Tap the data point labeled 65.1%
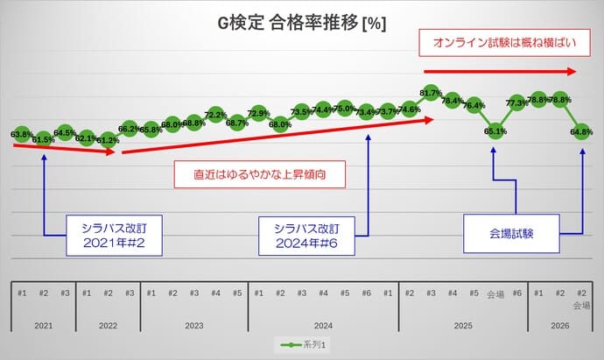click(x=495, y=131)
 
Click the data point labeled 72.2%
click(x=215, y=115)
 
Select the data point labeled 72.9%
click(x=258, y=113)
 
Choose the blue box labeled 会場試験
click(x=511, y=235)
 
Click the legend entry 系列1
click(x=301, y=345)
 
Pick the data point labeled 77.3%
click(x=516, y=102)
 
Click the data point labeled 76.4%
click(x=474, y=105)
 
